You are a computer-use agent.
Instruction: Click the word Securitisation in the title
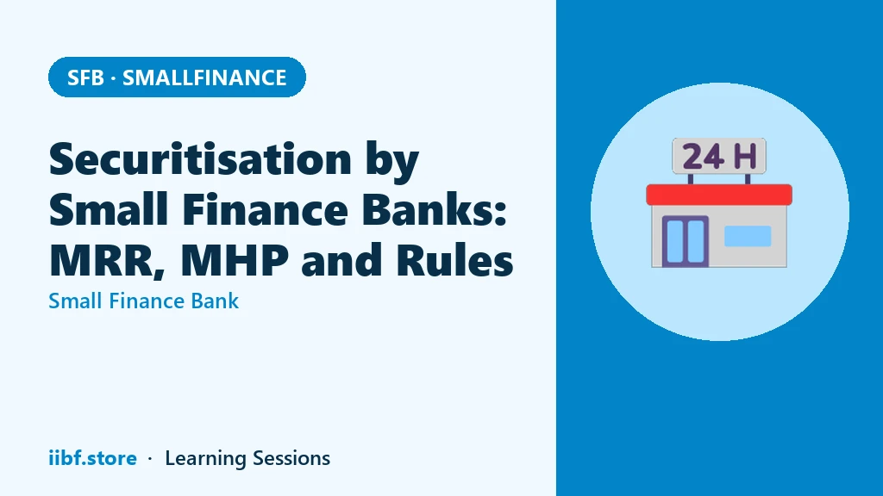(200, 159)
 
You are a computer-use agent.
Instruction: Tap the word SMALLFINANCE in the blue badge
(204, 77)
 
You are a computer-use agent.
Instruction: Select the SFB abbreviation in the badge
(85, 77)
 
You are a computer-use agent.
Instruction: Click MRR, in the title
(107, 260)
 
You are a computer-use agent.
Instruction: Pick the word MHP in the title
(235, 260)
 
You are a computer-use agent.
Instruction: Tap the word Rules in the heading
(454, 260)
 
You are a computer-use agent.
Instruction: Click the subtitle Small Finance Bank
(144, 301)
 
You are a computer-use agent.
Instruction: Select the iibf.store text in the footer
(92, 458)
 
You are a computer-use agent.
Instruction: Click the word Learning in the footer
(204, 458)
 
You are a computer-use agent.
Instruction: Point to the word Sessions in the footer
(291, 458)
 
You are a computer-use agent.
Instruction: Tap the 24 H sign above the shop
(719, 156)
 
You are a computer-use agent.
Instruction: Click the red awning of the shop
(719, 195)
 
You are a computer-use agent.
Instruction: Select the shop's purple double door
(686, 241)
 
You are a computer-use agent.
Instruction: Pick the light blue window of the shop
(748, 236)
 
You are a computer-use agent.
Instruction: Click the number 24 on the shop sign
(704, 157)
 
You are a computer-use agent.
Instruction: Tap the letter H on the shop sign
(745, 157)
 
